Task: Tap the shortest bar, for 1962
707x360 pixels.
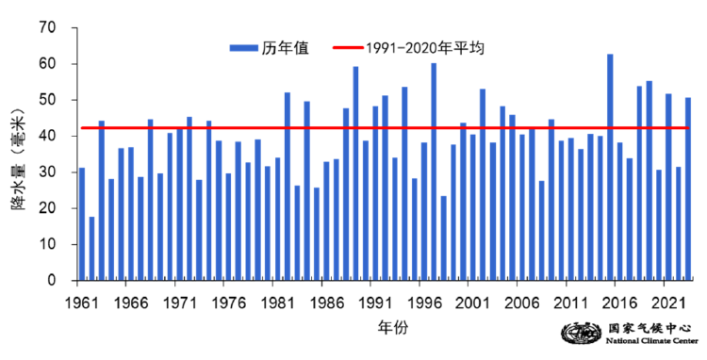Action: point(91,249)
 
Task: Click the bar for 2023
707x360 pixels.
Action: point(688,189)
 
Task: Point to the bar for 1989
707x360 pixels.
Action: point(355,173)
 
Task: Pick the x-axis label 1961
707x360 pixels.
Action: point(82,303)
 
